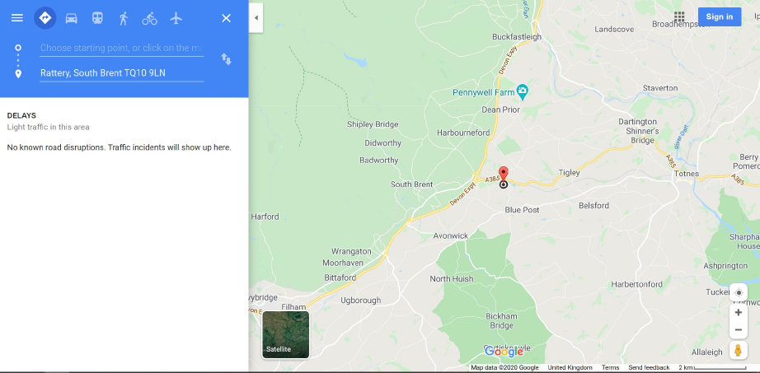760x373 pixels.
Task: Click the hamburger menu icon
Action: [x=16, y=17]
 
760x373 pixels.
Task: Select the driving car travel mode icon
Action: [x=72, y=17]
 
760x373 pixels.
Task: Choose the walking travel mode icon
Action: [x=124, y=17]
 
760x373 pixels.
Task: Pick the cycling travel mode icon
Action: [x=149, y=17]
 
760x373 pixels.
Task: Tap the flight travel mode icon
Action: [x=176, y=17]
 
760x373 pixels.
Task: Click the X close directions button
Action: [x=226, y=17]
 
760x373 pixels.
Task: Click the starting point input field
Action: [x=121, y=48]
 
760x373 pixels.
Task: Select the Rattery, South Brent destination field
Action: [x=121, y=73]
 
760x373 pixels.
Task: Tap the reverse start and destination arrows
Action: [x=226, y=58]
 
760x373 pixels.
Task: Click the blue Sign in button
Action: [x=719, y=16]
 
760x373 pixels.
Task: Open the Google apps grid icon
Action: [x=679, y=16]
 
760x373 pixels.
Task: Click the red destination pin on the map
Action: [x=504, y=173]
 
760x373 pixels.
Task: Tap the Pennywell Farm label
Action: [x=483, y=91]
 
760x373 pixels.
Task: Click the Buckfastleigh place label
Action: [x=517, y=37]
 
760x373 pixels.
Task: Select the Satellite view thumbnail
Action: [x=285, y=334]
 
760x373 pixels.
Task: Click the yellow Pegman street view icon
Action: [x=738, y=350]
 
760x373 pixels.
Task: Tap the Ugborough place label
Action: [x=361, y=301]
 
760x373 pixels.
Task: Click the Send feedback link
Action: [x=649, y=367]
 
